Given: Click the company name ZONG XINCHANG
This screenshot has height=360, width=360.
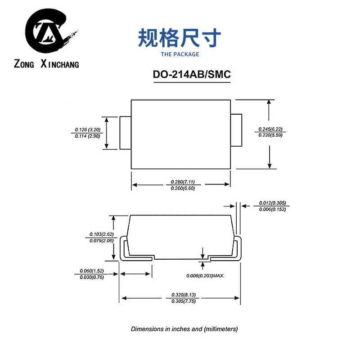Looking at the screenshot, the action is tap(46, 64).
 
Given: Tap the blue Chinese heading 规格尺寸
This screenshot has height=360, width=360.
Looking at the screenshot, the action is tap(180, 38).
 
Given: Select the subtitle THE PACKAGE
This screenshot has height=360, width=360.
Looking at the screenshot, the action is tap(180, 54).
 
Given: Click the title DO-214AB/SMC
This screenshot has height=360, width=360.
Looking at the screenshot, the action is tap(192, 75).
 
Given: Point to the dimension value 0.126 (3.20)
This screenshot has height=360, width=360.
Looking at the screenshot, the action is tap(87, 130).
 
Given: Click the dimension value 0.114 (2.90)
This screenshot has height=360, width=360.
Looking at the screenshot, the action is tap(87, 135).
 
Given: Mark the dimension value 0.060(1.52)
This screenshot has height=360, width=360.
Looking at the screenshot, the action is tap(92, 271).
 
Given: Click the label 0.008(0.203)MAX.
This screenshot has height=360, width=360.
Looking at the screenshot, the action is tap(205, 275).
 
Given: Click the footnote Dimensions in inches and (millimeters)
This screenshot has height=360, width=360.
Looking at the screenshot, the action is tap(184, 329).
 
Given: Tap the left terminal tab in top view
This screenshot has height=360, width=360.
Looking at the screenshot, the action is tap(125, 133).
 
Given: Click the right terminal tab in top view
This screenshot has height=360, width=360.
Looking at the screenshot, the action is tap(236, 130).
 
